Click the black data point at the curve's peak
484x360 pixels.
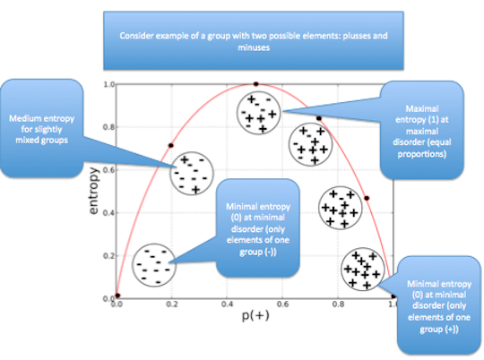click(255, 84)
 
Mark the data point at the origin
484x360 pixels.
click(117, 296)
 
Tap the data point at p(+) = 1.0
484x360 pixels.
click(393, 296)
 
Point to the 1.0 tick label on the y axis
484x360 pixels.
click(105, 84)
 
